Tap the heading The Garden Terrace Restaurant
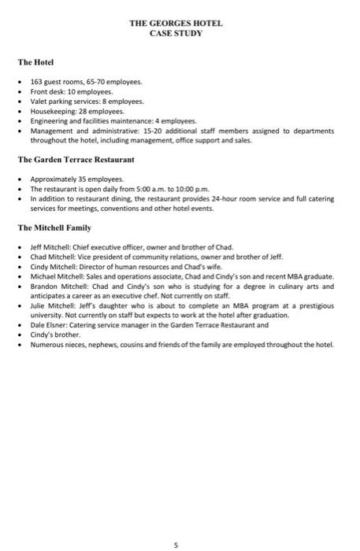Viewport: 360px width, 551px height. click(76, 160)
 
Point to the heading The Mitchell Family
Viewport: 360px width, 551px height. click(54, 228)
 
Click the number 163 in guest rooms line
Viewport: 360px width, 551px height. click(36, 81)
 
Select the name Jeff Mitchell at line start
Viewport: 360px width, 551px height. click(50, 247)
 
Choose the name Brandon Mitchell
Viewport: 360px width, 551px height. click(57, 287)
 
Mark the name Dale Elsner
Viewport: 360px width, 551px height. click(48, 325)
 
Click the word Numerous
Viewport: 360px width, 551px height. click(46, 345)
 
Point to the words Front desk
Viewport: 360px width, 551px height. click(46, 91)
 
